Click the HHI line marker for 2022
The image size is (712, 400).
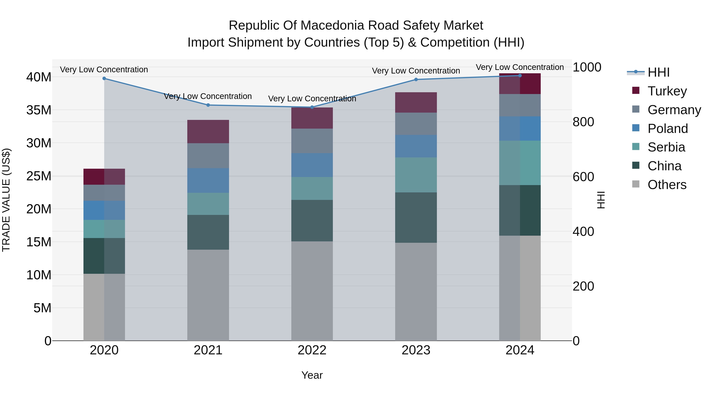tap(312, 107)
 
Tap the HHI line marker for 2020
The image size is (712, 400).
tap(104, 78)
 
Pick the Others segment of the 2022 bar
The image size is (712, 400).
tap(312, 291)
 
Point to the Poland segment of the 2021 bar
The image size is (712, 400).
tap(208, 180)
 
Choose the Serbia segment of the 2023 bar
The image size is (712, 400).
tap(416, 175)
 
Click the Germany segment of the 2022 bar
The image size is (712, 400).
tap(312, 141)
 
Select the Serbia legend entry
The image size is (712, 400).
tap(666, 147)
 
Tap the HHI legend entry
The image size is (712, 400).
tap(658, 72)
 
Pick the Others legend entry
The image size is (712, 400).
tap(667, 185)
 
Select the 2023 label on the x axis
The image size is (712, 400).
tap(416, 350)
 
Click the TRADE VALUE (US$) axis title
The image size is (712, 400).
tap(6, 200)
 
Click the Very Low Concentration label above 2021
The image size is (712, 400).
tap(208, 96)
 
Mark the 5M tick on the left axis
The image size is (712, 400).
tap(42, 308)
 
